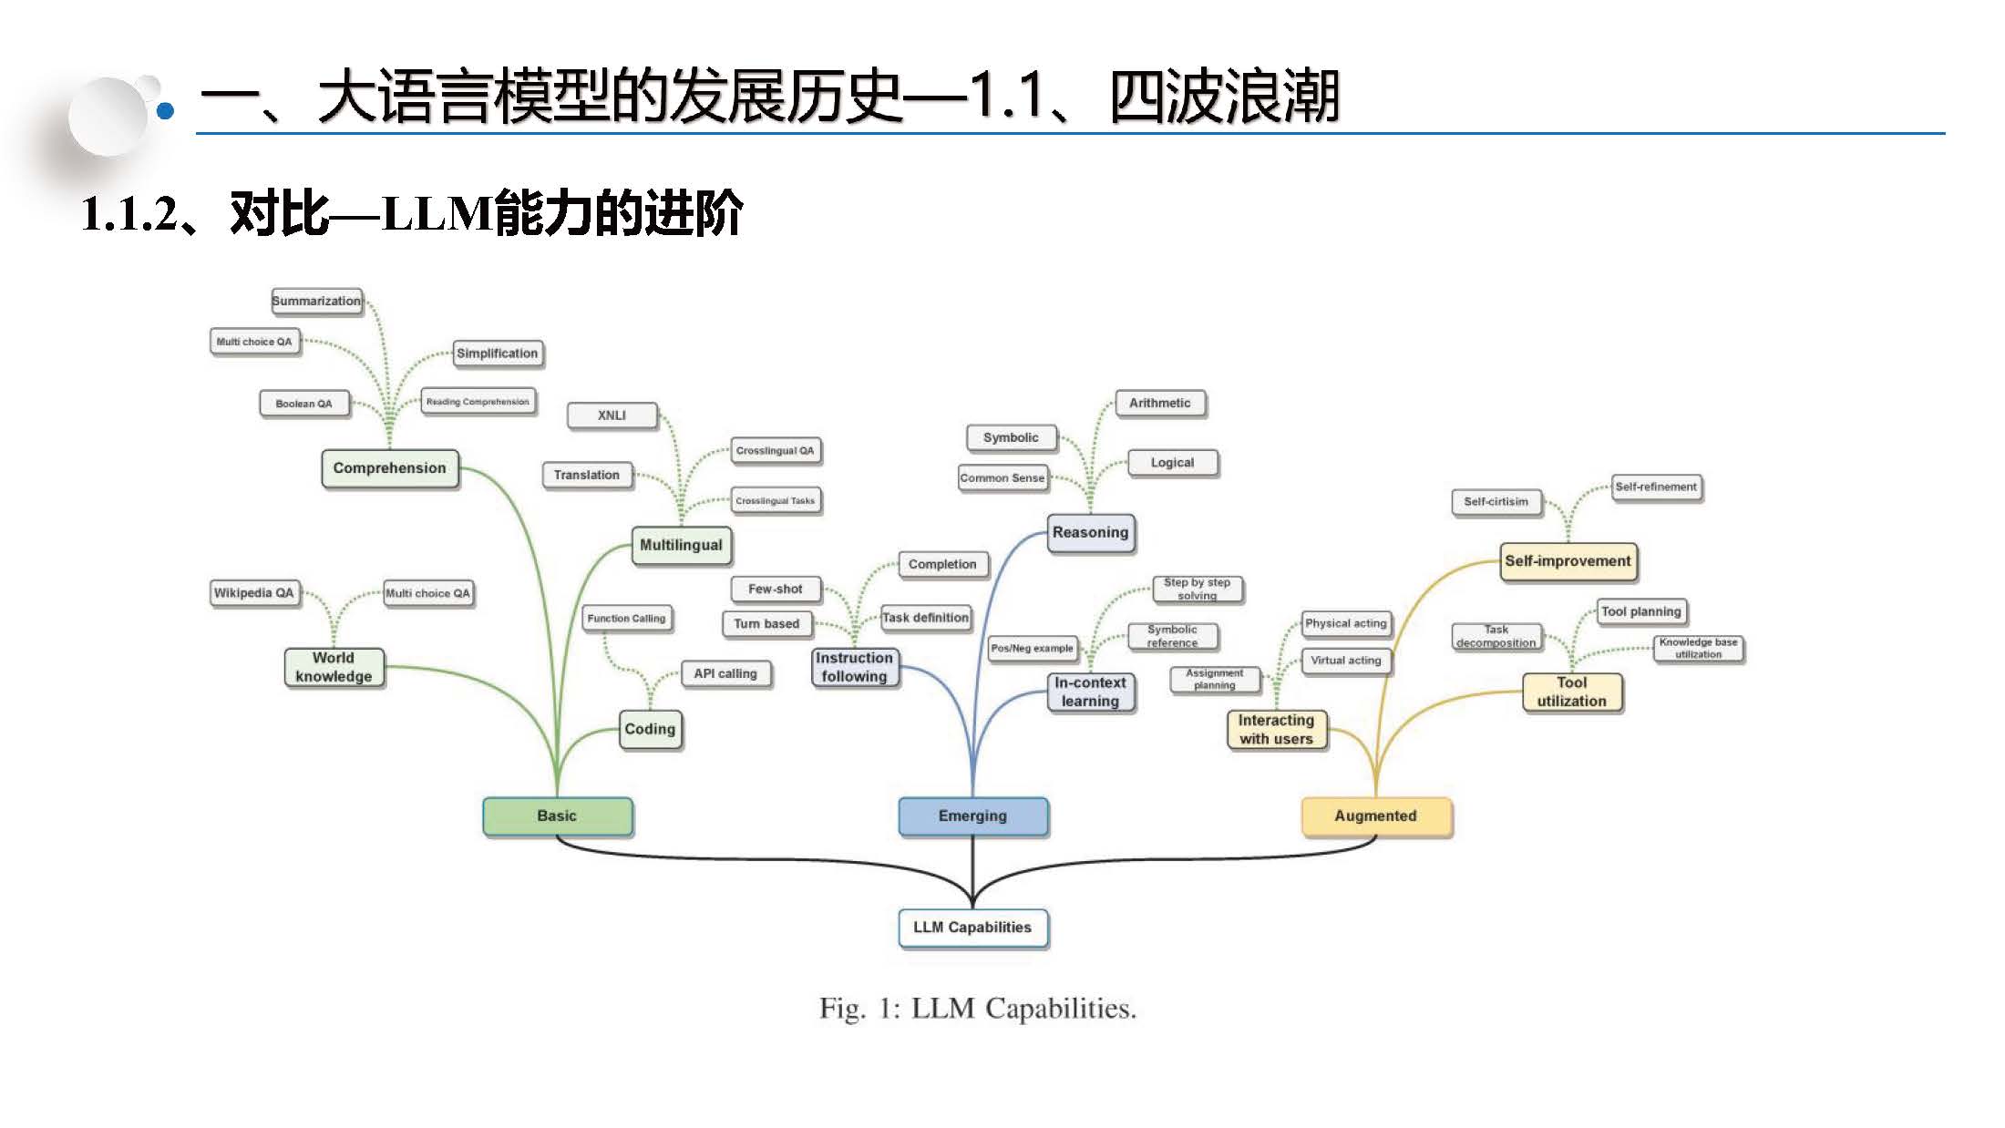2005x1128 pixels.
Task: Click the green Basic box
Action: click(557, 816)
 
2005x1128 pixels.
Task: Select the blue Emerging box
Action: click(972, 816)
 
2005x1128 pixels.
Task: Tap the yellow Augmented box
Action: click(1375, 816)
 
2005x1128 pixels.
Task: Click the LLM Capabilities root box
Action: click(972, 928)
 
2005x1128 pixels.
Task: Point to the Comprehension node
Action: click(389, 468)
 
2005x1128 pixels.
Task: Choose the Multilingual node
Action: click(681, 545)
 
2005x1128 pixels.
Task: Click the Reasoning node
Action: click(1090, 532)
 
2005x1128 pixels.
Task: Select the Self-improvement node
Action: click(1568, 561)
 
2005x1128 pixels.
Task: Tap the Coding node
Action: click(650, 729)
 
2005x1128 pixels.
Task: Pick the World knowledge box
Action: click(334, 667)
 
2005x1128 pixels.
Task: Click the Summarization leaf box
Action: click(316, 301)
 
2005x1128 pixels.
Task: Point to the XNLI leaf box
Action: click(612, 415)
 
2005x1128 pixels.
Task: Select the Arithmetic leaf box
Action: click(1159, 403)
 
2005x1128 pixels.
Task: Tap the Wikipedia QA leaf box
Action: click(253, 593)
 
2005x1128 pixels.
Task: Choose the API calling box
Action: click(725, 673)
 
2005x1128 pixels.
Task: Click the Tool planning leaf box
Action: click(1640, 611)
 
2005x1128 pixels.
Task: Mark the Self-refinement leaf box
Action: click(1656, 487)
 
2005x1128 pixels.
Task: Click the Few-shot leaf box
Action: click(775, 590)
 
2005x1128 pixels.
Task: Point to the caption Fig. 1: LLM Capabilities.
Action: click(977, 1009)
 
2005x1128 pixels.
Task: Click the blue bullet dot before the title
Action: click(165, 111)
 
